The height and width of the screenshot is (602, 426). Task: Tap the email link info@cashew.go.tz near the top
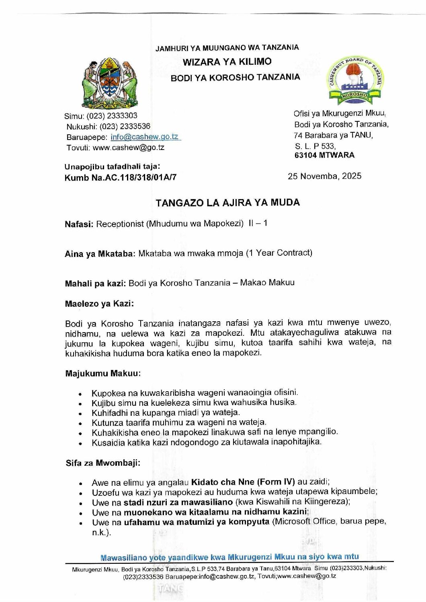(x=144, y=137)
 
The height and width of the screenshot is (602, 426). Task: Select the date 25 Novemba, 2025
(x=324, y=176)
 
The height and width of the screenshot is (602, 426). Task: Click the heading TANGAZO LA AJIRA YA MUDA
(x=228, y=203)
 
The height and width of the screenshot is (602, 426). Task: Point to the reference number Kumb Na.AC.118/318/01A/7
(x=120, y=177)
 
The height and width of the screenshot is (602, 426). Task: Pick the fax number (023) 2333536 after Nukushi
(x=125, y=126)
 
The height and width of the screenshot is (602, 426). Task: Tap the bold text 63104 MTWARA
(x=324, y=155)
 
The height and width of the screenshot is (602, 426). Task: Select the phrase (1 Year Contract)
(x=279, y=253)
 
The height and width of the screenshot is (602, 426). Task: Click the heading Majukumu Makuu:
(x=103, y=374)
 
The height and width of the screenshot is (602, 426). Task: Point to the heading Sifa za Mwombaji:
(x=103, y=463)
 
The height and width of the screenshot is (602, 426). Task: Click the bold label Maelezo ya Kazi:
(x=99, y=304)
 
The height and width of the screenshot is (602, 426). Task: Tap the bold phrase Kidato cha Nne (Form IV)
(x=243, y=482)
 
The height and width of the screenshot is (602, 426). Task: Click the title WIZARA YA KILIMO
(x=227, y=62)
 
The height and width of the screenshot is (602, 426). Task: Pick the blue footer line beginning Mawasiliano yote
(x=229, y=557)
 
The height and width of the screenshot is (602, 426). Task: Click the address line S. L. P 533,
(x=315, y=146)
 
